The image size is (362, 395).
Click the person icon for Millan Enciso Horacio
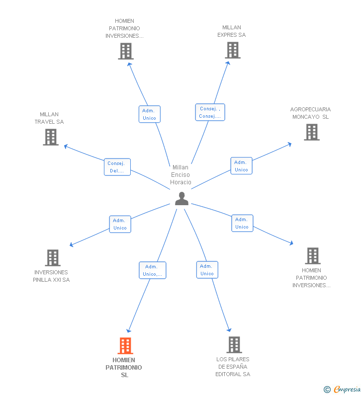pyautogui.click(x=182, y=199)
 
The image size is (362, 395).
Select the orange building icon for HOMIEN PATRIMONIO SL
pyautogui.click(x=125, y=345)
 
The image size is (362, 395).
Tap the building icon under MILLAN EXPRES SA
pyautogui.click(x=232, y=50)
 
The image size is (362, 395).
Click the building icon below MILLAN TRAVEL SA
pyautogui.click(x=51, y=137)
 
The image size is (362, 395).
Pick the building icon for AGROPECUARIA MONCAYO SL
pyautogui.click(x=311, y=132)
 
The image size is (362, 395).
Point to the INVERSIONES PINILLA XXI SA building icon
pyautogui.click(x=53, y=258)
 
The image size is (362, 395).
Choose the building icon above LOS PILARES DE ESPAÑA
pyautogui.click(x=234, y=344)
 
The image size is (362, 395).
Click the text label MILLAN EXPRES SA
pyautogui.click(x=232, y=31)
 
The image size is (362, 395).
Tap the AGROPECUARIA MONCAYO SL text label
pyautogui.click(x=310, y=113)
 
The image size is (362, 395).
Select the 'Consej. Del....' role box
pyautogui.click(x=118, y=167)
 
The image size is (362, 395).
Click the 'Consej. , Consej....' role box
pyautogui.click(x=210, y=112)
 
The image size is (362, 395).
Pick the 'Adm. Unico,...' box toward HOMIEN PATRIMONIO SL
pyautogui.click(x=152, y=270)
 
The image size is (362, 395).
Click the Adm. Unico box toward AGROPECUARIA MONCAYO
pyautogui.click(x=241, y=166)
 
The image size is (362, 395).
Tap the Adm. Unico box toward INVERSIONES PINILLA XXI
pyautogui.click(x=120, y=224)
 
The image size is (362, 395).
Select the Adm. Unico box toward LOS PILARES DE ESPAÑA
pyautogui.click(x=207, y=270)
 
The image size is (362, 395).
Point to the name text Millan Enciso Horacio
pyautogui.click(x=181, y=175)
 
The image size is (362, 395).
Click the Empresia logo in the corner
pyautogui.click(x=347, y=390)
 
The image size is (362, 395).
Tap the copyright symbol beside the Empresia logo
pyautogui.click(x=327, y=390)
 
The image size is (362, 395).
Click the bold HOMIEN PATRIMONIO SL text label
pyautogui.click(x=124, y=367)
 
